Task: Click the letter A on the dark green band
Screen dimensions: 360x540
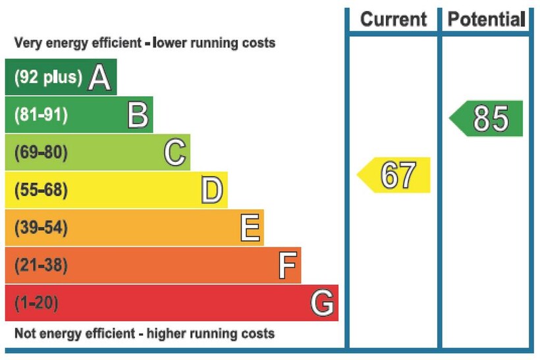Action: [99, 78]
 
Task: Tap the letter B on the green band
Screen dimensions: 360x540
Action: [138, 115]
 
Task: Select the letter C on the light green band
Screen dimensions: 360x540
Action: [175, 153]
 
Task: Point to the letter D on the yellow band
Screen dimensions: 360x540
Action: [212, 191]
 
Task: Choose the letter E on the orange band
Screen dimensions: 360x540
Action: [250, 228]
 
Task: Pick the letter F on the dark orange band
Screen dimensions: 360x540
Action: [286, 266]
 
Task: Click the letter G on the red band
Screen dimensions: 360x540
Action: [322, 303]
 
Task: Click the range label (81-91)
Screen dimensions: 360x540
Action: [41, 115]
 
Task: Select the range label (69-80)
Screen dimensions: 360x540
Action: [41, 153]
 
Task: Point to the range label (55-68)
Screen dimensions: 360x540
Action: [41, 191]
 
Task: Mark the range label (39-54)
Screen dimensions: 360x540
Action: [41, 228]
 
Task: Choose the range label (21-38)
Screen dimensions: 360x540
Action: [41, 266]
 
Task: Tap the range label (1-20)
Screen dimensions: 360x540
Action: [36, 303]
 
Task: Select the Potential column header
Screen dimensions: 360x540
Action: [487, 20]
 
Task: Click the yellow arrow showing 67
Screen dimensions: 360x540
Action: [395, 175]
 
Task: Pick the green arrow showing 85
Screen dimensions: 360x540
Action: [488, 118]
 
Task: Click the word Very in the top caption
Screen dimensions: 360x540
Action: [27, 43]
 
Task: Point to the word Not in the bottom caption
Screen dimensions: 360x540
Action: [25, 333]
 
